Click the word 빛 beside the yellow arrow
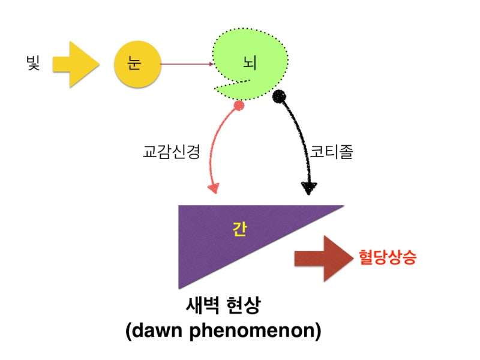(x=33, y=64)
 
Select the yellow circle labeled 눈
(x=137, y=64)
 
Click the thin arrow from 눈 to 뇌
(x=187, y=64)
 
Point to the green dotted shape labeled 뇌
(x=254, y=61)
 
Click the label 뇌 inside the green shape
(x=250, y=63)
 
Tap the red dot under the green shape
(x=239, y=106)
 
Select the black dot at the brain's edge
(x=279, y=97)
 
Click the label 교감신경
(x=172, y=152)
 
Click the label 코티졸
(x=332, y=152)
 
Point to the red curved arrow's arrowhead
(x=214, y=187)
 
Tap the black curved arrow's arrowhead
(x=308, y=188)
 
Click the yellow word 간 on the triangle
(x=239, y=229)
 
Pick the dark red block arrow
(x=323, y=259)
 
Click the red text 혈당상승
(x=388, y=257)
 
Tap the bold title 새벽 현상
(x=223, y=305)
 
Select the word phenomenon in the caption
(x=252, y=332)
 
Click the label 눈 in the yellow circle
(x=134, y=64)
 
